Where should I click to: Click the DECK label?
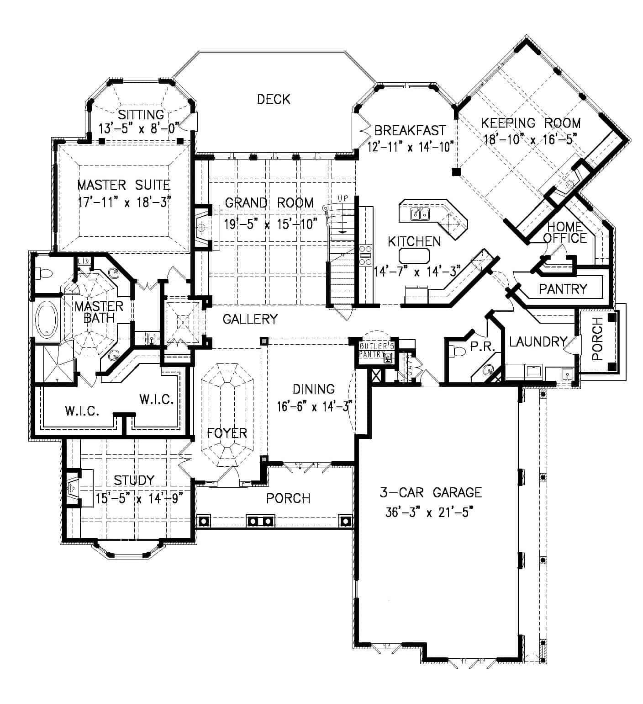click(273, 99)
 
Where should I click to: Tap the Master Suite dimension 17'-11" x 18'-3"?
click(124, 202)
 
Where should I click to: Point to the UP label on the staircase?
click(343, 198)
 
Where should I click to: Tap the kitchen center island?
click(414, 256)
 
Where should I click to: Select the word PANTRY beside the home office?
click(562, 289)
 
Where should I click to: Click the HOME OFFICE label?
click(564, 232)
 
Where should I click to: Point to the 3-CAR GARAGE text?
click(430, 492)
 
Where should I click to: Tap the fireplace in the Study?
click(72, 488)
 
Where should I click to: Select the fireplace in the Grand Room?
click(201, 226)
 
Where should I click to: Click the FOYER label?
click(227, 432)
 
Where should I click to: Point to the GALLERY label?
click(250, 319)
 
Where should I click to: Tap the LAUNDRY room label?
click(538, 341)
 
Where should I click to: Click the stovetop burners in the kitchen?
click(365, 255)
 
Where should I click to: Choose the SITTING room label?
click(141, 114)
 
